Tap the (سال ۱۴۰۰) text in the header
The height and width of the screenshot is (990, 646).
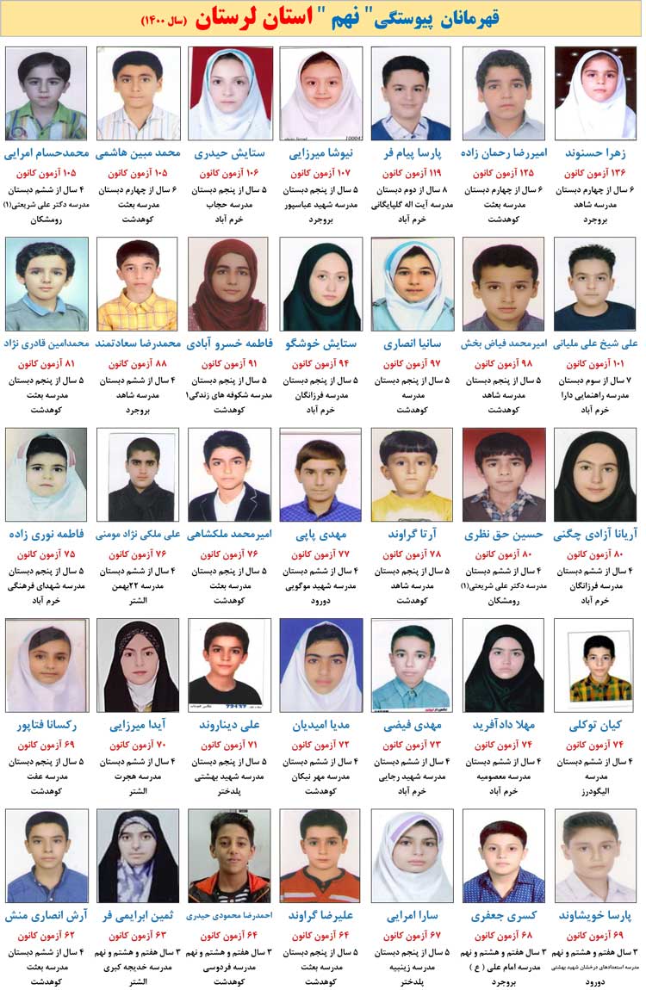point(167,21)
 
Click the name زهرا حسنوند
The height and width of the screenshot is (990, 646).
point(595,154)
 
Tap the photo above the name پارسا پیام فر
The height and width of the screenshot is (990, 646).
point(412,93)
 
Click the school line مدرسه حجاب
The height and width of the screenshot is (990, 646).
point(229,204)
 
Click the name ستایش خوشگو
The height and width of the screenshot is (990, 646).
point(320,344)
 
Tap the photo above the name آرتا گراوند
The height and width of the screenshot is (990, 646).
point(412,474)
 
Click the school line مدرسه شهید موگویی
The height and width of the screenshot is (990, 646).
point(320,585)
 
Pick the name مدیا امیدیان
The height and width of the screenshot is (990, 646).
point(320,726)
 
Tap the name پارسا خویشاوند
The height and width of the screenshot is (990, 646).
point(595,916)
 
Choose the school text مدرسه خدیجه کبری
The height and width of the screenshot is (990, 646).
point(138,966)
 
